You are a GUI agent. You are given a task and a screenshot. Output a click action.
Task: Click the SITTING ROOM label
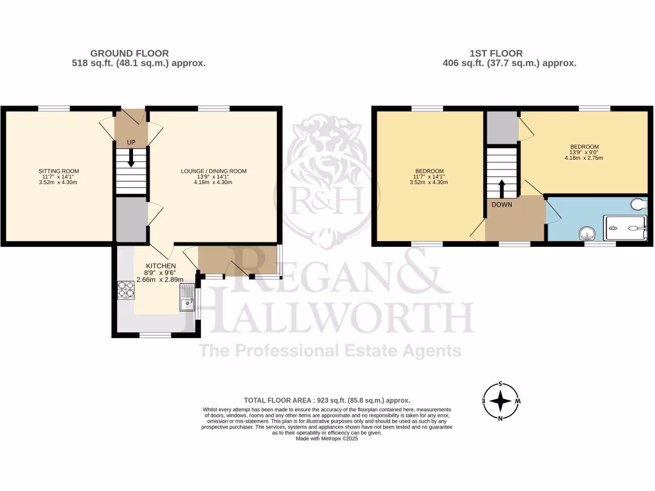(x=58, y=171)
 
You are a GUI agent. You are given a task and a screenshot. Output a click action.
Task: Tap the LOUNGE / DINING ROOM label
(x=214, y=171)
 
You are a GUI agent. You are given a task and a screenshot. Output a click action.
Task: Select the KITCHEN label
(x=161, y=266)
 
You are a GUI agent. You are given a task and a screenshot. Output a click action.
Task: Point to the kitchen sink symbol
(x=187, y=299)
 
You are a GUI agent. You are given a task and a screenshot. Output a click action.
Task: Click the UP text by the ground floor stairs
(x=130, y=142)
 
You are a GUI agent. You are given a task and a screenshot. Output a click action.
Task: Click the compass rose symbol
(x=501, y=401)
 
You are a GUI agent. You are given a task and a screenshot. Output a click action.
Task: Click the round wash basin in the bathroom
(x=587, y=233)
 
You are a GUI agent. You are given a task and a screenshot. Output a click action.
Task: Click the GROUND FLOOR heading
(x=130, y=53)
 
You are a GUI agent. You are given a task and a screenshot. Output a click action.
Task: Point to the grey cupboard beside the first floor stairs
(x=501, y=127)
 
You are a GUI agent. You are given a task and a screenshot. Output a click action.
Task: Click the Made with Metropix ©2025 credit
(x=327, y=438)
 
